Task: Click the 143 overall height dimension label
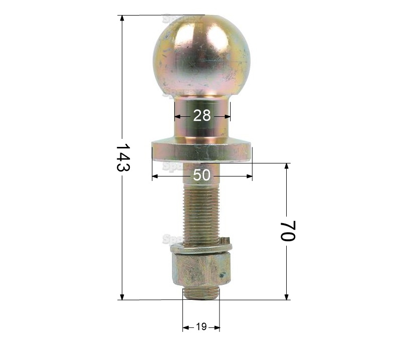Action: pos(123,158)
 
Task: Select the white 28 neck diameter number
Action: pos(202,116)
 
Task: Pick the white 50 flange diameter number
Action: pos(202,175)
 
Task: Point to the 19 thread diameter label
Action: pos(201,327)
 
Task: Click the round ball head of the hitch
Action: pos(202,55)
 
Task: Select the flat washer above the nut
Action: pos(200,247)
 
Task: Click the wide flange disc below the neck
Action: pos(202,152)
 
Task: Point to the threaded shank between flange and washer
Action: pos(200,211)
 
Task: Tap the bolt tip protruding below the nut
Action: pos(200,294)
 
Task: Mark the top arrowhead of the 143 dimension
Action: pos(122,18)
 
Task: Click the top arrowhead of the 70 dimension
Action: pos(287,166)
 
